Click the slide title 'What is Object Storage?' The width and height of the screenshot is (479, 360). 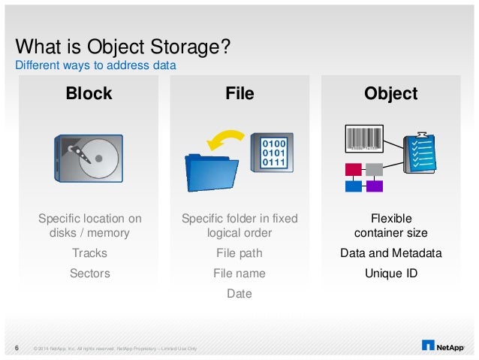(122, 47)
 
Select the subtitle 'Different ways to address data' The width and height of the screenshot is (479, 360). (96, 65)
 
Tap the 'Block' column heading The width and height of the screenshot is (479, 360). (89, 94)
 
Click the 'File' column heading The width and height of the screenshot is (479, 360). (239, 94)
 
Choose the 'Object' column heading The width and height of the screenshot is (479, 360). (390, 94)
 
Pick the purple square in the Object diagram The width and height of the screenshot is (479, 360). (374, 186)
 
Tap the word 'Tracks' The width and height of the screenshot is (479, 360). (89, 253)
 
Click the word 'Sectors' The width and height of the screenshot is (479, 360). (89, 274)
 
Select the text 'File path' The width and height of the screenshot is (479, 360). (239, 253)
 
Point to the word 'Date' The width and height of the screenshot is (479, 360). (239, 294)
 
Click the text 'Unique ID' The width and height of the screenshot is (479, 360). (390, 274)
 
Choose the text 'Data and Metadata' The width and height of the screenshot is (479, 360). (390, 253)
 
